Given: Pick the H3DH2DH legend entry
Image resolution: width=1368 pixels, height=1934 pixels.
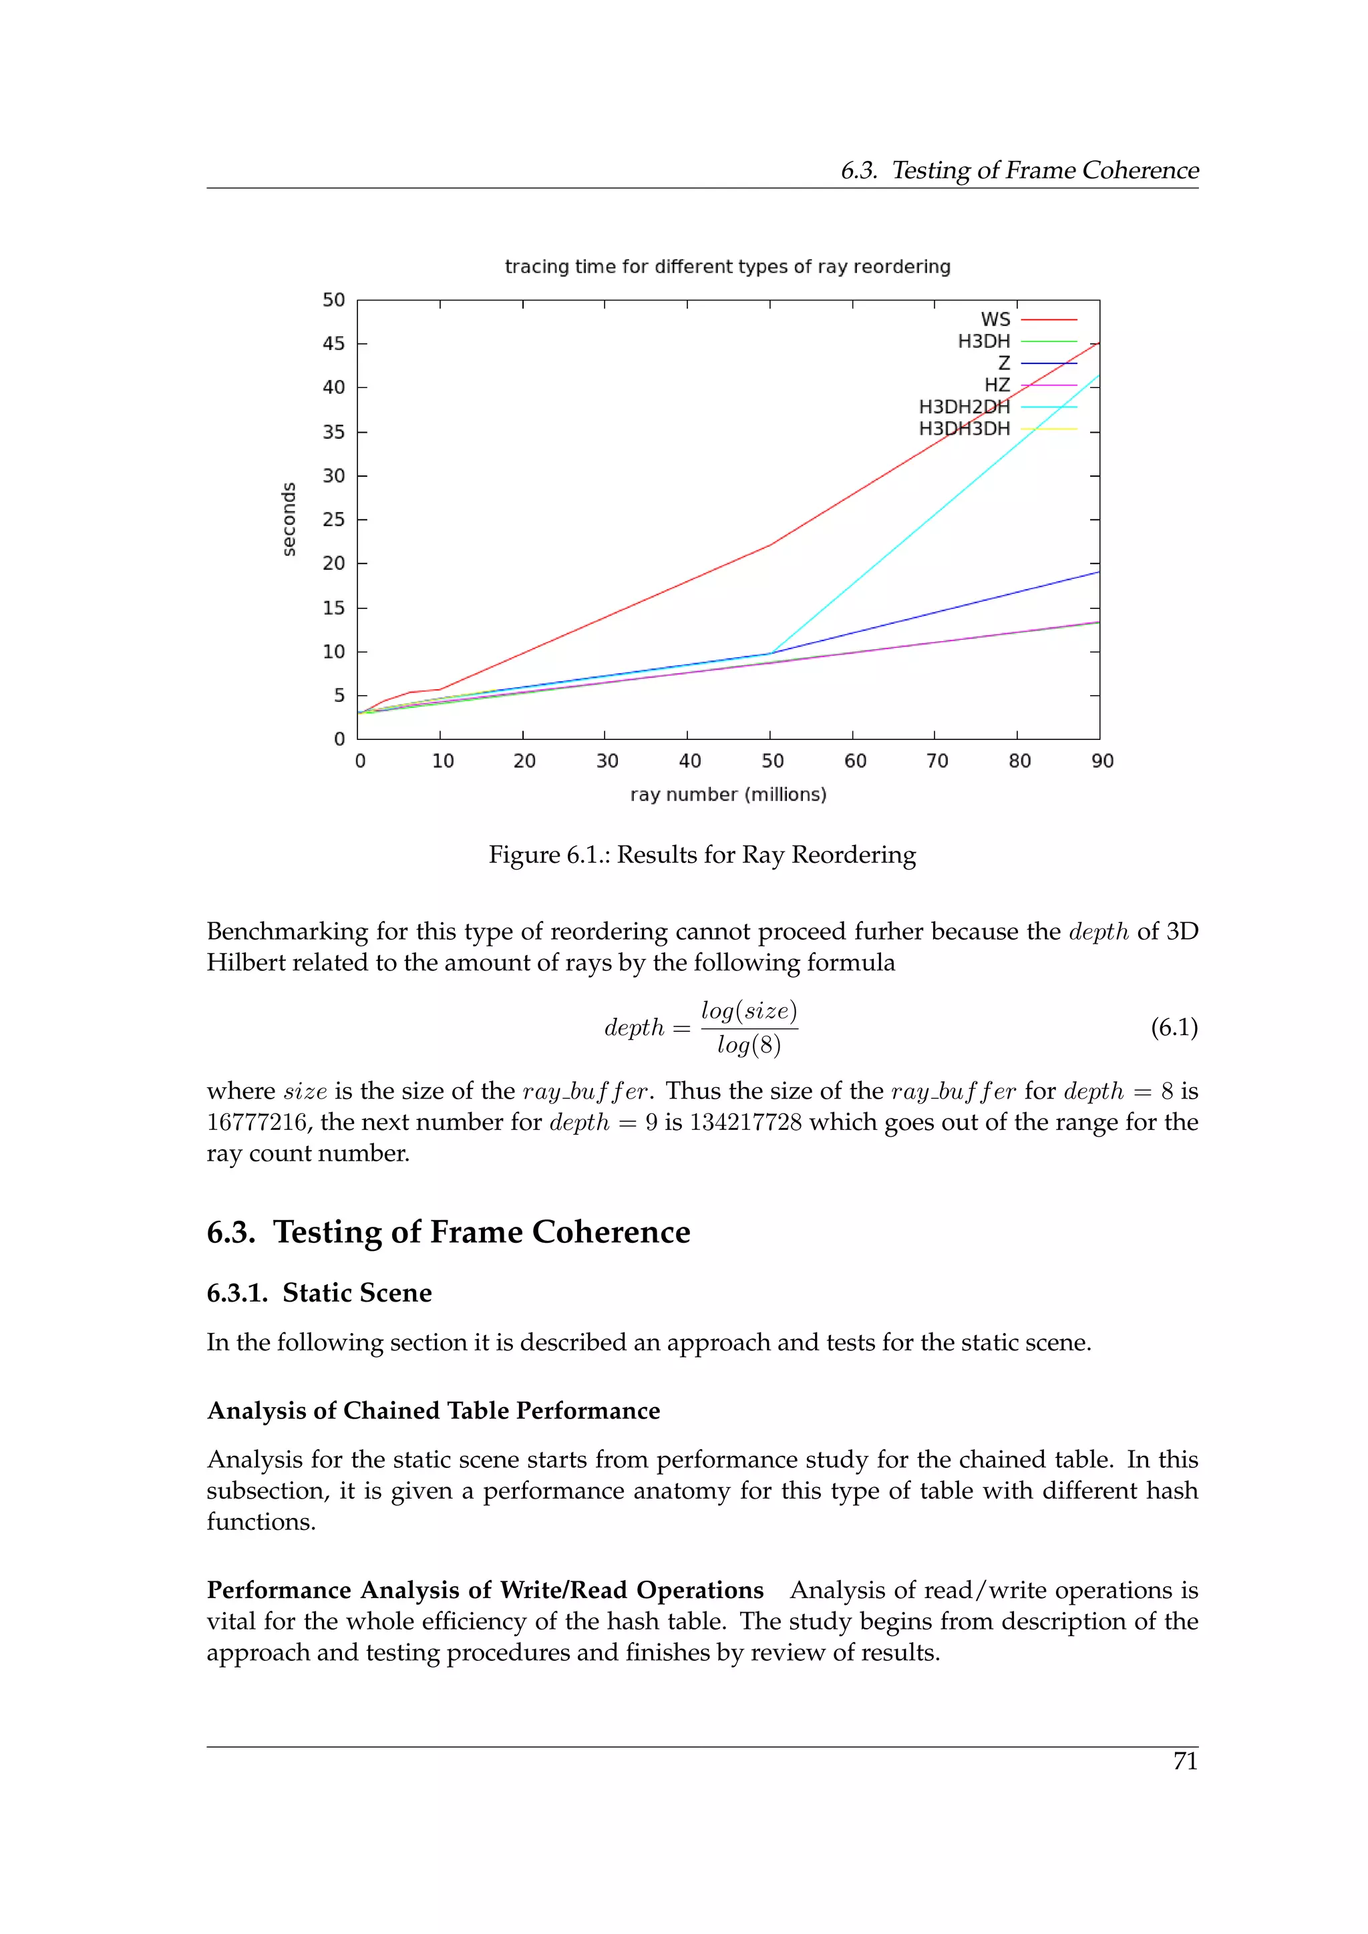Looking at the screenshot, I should tap(964, 407).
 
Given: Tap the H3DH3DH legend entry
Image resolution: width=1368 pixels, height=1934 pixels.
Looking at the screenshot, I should tap(964, 429).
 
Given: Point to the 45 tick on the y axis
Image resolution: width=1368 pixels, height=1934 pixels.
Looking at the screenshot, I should tap(333, 344).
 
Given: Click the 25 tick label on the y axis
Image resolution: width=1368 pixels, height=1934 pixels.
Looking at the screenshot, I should tap(333, 520).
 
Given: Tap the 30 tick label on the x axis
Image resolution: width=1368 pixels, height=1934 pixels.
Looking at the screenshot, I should tap(607, 761).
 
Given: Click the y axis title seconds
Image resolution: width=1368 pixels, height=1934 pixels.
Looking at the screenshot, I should tap(289, 519).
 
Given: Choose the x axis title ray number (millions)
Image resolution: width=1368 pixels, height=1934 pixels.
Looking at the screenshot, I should tap(728, 794).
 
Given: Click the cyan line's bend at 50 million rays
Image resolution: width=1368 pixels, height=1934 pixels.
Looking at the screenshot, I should tap(771, 653).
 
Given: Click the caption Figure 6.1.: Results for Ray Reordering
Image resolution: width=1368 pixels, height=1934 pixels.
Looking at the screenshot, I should tap(701, 855).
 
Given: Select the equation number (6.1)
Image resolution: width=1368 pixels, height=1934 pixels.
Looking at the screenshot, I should tap(1174, 1028).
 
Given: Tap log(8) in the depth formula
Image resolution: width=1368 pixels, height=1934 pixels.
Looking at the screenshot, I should tap(749, 1045).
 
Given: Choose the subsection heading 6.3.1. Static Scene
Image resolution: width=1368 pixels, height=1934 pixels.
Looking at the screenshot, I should tap(319, 1293).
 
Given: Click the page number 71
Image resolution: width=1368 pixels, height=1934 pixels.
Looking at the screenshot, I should tap(1184, 1761).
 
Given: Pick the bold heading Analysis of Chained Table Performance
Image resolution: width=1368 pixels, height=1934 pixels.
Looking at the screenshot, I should tap(433, 1411).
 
